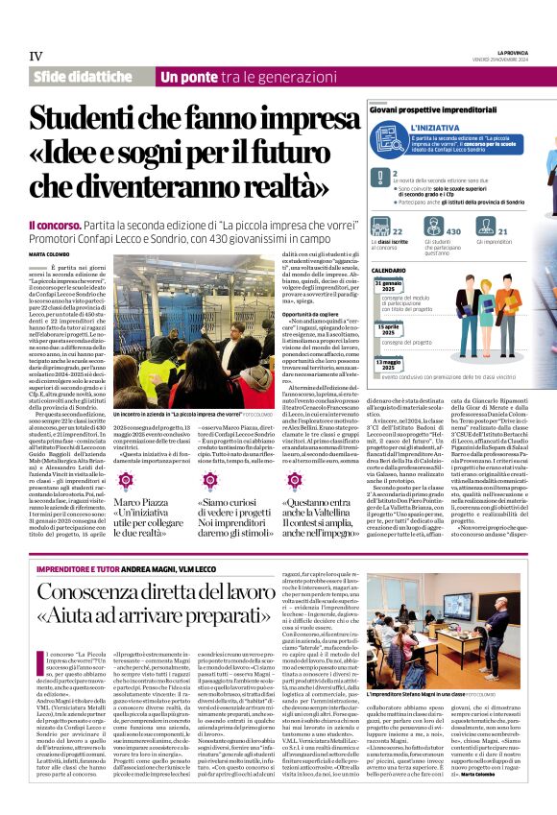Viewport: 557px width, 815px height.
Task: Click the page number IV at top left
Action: click(x=36, y=56)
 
